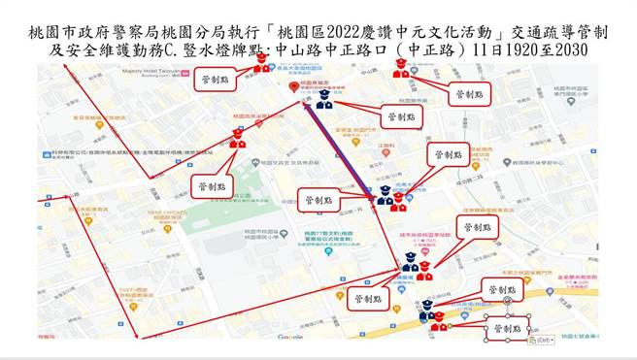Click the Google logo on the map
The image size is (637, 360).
pyautogui.click(x=289, y=337)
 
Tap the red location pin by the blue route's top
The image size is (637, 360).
pyautogui.click(x=295, y=87)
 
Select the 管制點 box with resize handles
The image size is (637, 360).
pyautogui.click(x=508, y=329)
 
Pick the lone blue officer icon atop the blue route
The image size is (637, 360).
pyautogui.click(x=323, y=101)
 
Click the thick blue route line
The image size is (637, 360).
pyautogui.click(x=340, y=150)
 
